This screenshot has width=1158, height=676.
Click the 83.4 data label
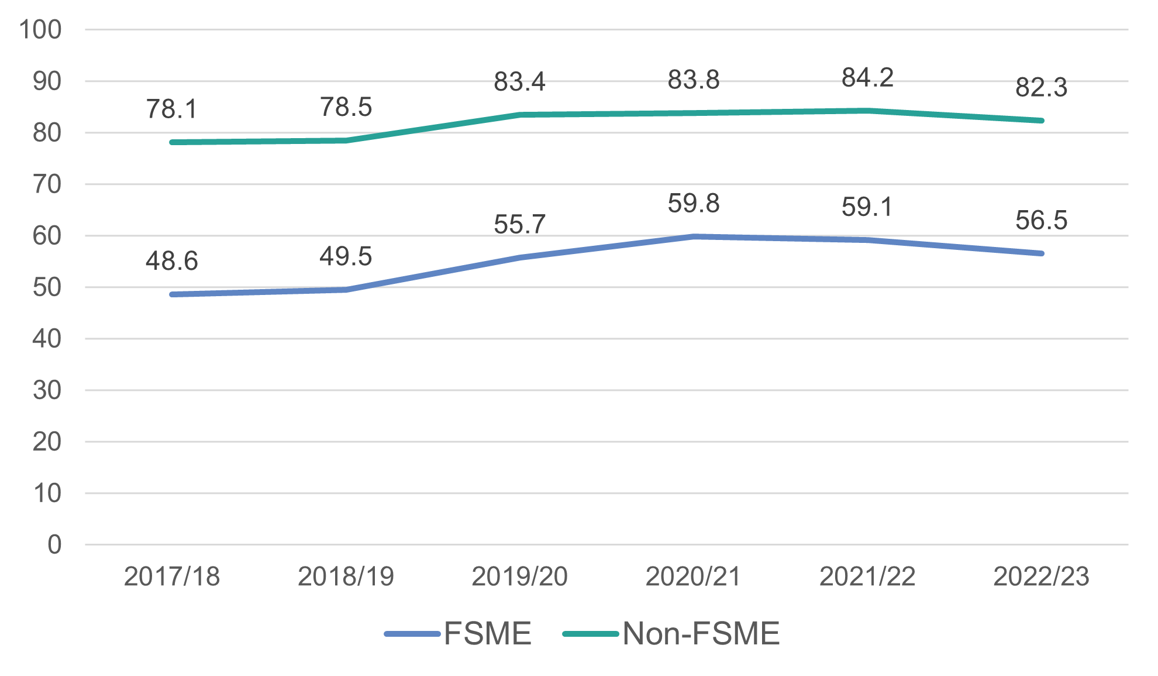coord(519,82)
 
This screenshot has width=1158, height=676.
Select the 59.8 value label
coord(694,204)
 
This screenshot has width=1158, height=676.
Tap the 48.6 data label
coord(171,261)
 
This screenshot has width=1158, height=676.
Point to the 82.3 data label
coord(1041,88)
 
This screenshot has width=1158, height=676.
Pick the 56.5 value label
coord(1041,221)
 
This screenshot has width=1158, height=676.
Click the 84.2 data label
coord(867,78)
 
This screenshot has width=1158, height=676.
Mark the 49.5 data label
coord(346,257)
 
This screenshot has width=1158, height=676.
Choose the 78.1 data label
coord(171,109)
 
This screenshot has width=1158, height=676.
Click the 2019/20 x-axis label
coord(519,577)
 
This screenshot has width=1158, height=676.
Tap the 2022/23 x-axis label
coord(1041,577)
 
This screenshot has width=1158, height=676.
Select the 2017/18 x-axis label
coord(171,577)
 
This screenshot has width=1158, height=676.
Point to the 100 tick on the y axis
coord(40,30)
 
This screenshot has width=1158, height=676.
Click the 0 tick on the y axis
coord(54,545)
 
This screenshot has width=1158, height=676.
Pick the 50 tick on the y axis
coord(47,287)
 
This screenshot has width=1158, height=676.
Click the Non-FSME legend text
coord(701,634)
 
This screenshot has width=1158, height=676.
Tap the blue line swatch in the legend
coord(412,634)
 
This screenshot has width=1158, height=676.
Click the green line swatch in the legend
coord(590,634)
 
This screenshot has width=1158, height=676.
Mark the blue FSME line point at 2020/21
coord(694,236)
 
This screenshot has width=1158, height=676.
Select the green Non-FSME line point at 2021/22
coord(867,111)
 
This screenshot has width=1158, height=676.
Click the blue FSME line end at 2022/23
coord(1041,253)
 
